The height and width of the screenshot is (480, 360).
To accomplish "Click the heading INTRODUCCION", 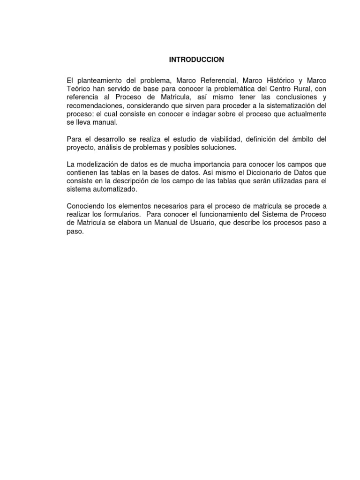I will tap(196, 60).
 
